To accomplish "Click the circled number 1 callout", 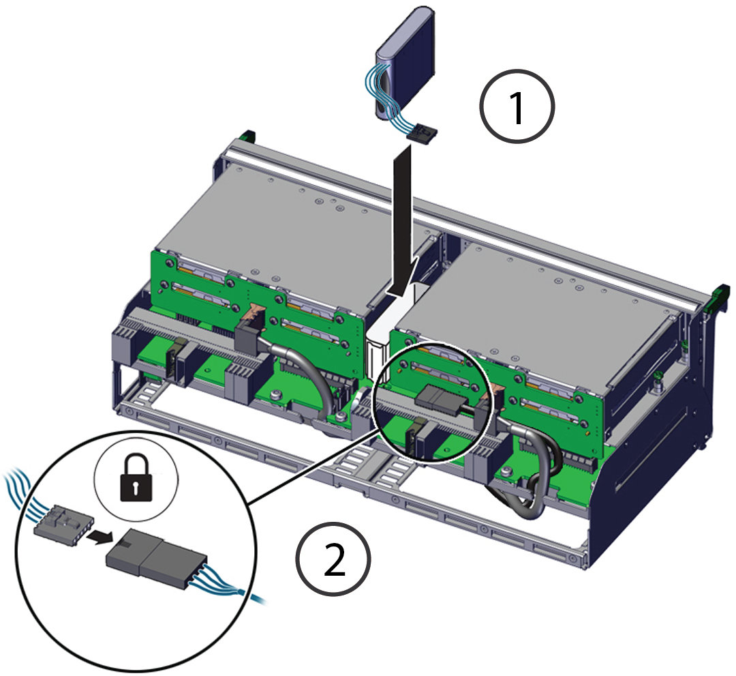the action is pyautogui.click(x=517, y=106).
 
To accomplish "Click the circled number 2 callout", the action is pyautogui.click(x=334, y=559).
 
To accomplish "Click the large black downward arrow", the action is pyautogui.click(x=402, y=221).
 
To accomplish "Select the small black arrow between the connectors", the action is pyautogui.click(x=100, y=536).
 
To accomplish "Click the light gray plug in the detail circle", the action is pyautogui.click(x=64, y=523).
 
